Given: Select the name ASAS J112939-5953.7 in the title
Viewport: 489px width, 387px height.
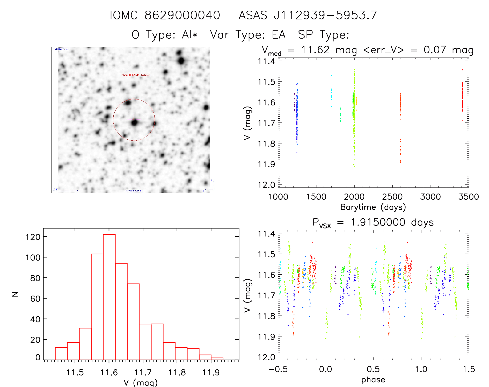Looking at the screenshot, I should point(308,15).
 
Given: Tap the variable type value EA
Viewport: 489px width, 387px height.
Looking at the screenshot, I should point(279,35).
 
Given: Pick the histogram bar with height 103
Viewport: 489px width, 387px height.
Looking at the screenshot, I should point(97,307).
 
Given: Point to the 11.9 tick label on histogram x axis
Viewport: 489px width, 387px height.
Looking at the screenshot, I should point(211,372).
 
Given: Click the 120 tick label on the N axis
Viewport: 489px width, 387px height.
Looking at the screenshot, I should point(33,237).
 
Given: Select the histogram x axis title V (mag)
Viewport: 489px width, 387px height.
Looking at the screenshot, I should point(141,383).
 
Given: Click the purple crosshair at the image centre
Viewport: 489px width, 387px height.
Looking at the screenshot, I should point(134,120).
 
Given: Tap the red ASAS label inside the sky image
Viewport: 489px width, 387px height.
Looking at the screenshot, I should point(136,75).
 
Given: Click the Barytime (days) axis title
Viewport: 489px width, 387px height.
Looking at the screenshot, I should point(373,207).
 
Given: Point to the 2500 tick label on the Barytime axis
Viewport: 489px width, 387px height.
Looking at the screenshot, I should point(392,197).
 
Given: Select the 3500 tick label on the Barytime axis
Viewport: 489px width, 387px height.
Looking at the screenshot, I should point(468,197).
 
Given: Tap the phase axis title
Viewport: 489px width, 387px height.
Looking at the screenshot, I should point(373,380).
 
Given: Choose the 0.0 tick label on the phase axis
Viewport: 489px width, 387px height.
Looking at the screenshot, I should point(325,369).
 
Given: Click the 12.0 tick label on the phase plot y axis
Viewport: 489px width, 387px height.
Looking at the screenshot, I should point(266,357).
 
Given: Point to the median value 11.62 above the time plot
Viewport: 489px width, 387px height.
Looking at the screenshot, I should point(315,50).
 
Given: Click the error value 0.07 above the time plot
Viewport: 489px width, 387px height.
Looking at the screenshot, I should point(435,50).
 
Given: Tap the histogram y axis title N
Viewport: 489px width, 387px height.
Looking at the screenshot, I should point(15,294).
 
